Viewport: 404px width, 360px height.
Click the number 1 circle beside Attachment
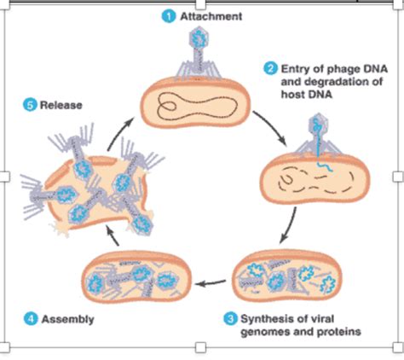click(170, 15)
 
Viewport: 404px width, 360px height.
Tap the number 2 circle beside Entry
click(269, 68)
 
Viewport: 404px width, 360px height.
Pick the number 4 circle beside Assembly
click(30, 319)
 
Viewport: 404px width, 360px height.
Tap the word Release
click(58, 104)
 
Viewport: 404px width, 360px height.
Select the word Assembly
click(66, 319)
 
